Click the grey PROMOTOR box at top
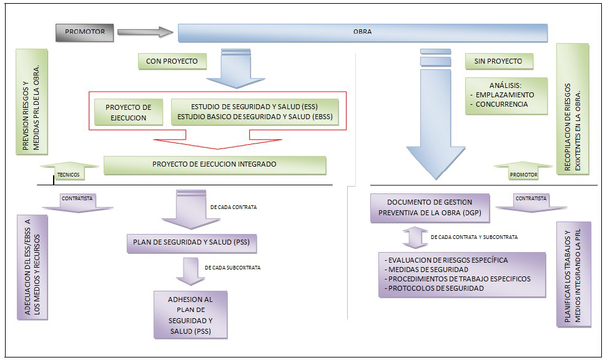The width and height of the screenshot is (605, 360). click(x=85, y=32)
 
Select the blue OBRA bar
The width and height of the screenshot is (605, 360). click(x=362, y=32)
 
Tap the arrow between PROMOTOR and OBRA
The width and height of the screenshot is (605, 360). click(x=145, y=32)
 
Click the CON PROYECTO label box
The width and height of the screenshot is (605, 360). click(x=172, y=61)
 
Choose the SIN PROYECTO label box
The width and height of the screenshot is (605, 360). click(x=498, y=61)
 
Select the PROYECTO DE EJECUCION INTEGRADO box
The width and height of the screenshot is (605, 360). click(x=214, y=165)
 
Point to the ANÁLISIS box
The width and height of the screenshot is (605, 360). click(x=505, y=95)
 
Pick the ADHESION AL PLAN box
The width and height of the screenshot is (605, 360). click(x=190, y=315)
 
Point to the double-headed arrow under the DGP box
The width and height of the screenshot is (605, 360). click(x=415, y=236)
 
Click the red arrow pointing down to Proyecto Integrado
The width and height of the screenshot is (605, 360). click(x=218, y=142)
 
